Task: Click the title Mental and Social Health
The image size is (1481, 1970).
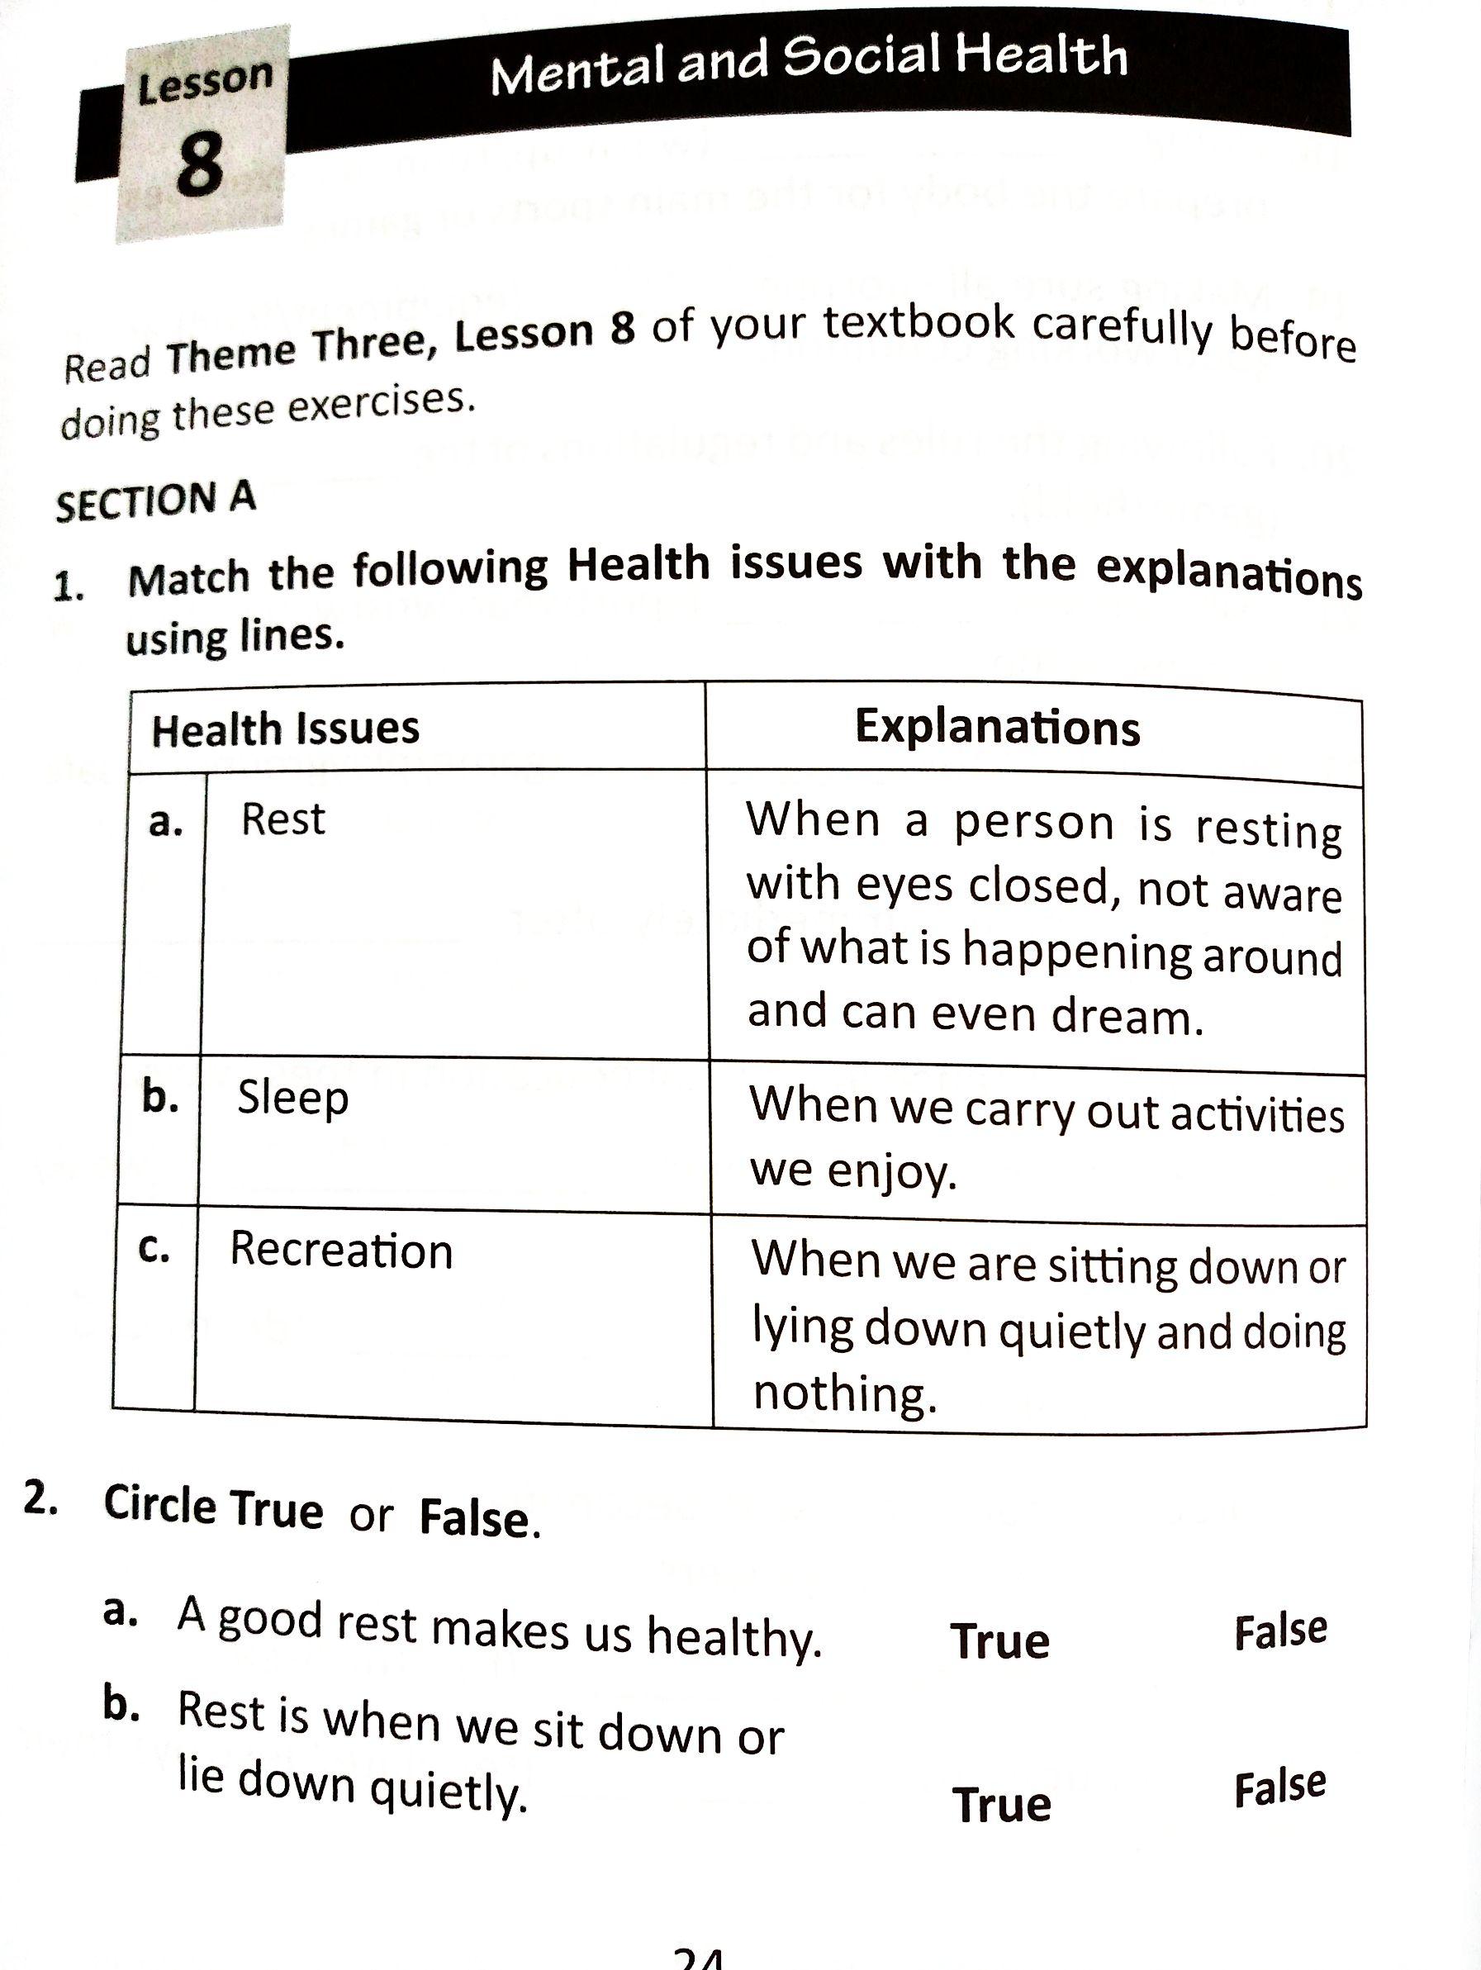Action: click(x=809, y=62)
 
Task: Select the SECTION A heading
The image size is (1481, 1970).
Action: click(x=156, y=501)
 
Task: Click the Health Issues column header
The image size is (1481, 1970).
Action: click(x=285, y=729)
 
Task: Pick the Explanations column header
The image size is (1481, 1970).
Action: click(x=998, y=727)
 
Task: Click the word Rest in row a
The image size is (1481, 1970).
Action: click(x=282, y=819)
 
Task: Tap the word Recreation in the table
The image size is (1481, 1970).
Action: click(x=341, y=1250)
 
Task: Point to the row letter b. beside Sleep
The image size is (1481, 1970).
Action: click(x=160, y=1097)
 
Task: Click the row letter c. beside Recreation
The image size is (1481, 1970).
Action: click(x=154, y=1249)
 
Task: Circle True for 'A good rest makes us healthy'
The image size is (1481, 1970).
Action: click(x=1000, y=1640)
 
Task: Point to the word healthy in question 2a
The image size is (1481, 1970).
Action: click(x=733, y=1637)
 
